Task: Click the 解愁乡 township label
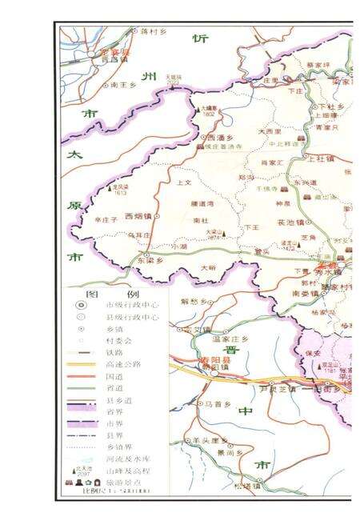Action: click(193, 301)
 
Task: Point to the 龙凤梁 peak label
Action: click(121, 187)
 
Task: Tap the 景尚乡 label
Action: click(226, 453)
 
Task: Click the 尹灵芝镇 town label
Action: click(278, 390)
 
